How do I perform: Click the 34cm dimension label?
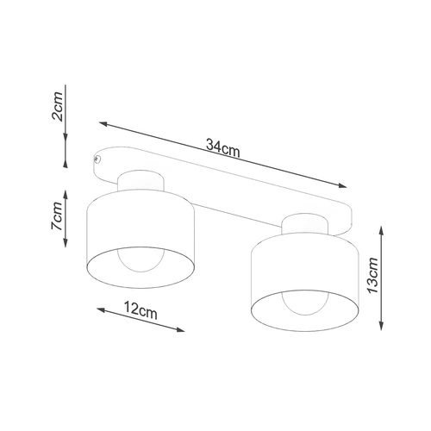(223, 148)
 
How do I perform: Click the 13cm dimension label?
(372, 275)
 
